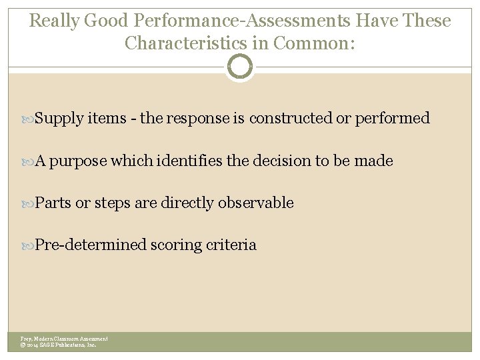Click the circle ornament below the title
(240, 67)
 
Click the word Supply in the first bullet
(59, 119)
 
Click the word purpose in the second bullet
(78, 161)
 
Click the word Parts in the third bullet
(53, 203)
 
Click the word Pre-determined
(90, 245)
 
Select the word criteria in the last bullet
(232, 245)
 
